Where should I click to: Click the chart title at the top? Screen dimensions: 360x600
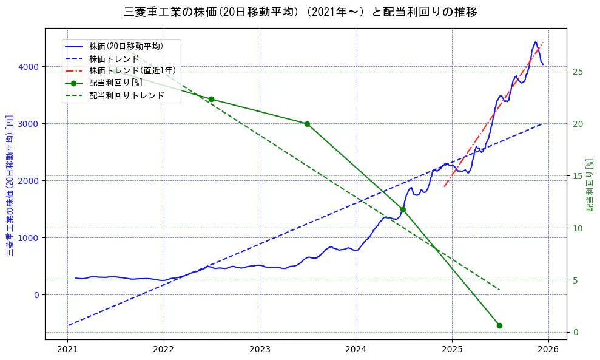pyautogui.click(x=300, y=12)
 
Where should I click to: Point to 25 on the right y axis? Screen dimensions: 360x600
pyautogui.click(x=578, y=72)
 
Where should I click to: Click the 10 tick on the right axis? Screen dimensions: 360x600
pyautogui.click(x=578, y=228)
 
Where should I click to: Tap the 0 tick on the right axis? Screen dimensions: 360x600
pyautogui.click(x=575, y=332)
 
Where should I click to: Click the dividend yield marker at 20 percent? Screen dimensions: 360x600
pyautogui.click(x=307, y=124)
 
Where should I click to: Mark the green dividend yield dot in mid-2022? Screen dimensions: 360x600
pyautogui.click(x=211, y=99)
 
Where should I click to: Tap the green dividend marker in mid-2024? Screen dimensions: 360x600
pyautogui.click(x=403, y=209)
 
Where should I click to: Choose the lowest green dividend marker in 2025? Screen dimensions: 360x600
pyautogui.click(x=499, y=325)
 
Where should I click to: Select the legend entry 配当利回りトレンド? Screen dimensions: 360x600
pyautogui.click(x=126, y=95)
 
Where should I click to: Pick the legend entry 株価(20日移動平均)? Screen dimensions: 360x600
pyautogui.click(x=126, y=46)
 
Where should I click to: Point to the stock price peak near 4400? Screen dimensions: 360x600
pyautogui.click(x=535, y=42)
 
